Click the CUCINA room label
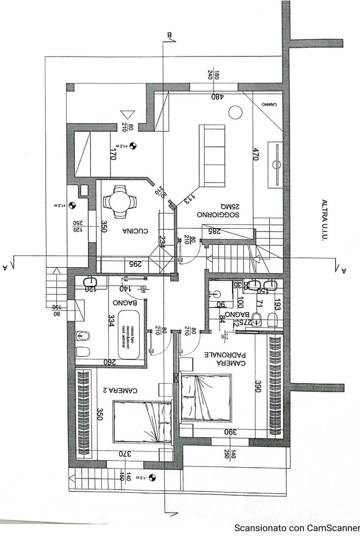(135, 231)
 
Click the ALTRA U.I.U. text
(324, 220)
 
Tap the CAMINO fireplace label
(269, 104)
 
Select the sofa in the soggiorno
(212, 156)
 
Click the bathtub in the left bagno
(129, 335)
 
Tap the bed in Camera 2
(143, 422)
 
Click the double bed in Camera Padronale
(206, 398)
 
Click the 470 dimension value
(256, 154)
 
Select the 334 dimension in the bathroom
(111, 320)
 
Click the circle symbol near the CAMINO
(235, 112)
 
